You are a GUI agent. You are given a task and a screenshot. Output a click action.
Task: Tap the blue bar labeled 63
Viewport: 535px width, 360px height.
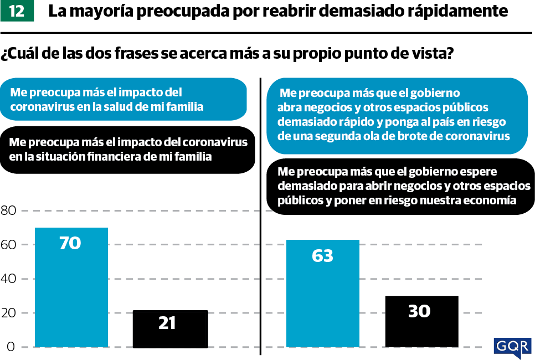click(x=322, y=293)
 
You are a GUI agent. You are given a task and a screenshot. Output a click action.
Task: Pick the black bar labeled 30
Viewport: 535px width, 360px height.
click(x=421, y=321)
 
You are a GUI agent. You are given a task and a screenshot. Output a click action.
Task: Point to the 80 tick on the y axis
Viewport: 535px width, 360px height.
click(x=9, y=210)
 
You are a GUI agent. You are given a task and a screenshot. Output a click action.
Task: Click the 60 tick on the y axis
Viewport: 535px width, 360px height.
click(x=9, y=245)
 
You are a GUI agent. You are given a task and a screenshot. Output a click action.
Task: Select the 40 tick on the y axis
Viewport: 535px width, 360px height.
click(x=9, y=279)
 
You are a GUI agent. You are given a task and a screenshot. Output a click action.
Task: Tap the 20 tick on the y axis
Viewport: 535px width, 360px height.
click(x=9, y=313)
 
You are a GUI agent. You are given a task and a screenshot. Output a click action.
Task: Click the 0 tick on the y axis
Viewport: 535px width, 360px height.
click(x=10, y=347)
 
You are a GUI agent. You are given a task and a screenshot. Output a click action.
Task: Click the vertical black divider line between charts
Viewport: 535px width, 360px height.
click(x=260, y=216)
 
